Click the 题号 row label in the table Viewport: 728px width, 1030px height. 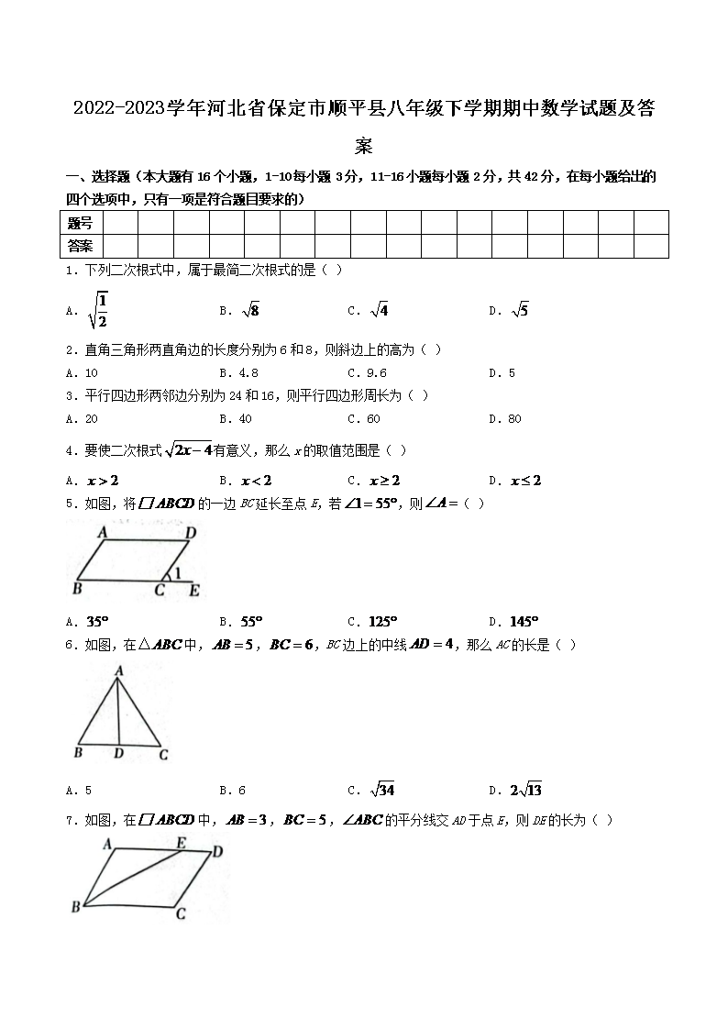point(81,223)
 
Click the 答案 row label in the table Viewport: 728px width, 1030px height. point(81,246)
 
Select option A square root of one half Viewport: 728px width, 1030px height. point(98,310)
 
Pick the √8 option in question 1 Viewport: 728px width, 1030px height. point(250,311)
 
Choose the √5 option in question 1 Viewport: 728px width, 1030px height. point(520,311)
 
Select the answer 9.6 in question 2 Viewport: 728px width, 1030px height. point(376,373)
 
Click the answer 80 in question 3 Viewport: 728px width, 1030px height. point(513,419)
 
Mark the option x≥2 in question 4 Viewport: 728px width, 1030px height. point(384,481)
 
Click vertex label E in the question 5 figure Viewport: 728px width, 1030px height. point(194,592)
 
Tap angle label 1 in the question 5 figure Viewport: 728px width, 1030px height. point(178,575)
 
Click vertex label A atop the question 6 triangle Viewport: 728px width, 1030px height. point(118,671)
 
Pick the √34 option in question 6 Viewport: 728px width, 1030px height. point(382,791)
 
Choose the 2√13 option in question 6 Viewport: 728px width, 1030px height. point(526,791)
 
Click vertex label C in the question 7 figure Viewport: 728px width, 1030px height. point(181,914)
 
